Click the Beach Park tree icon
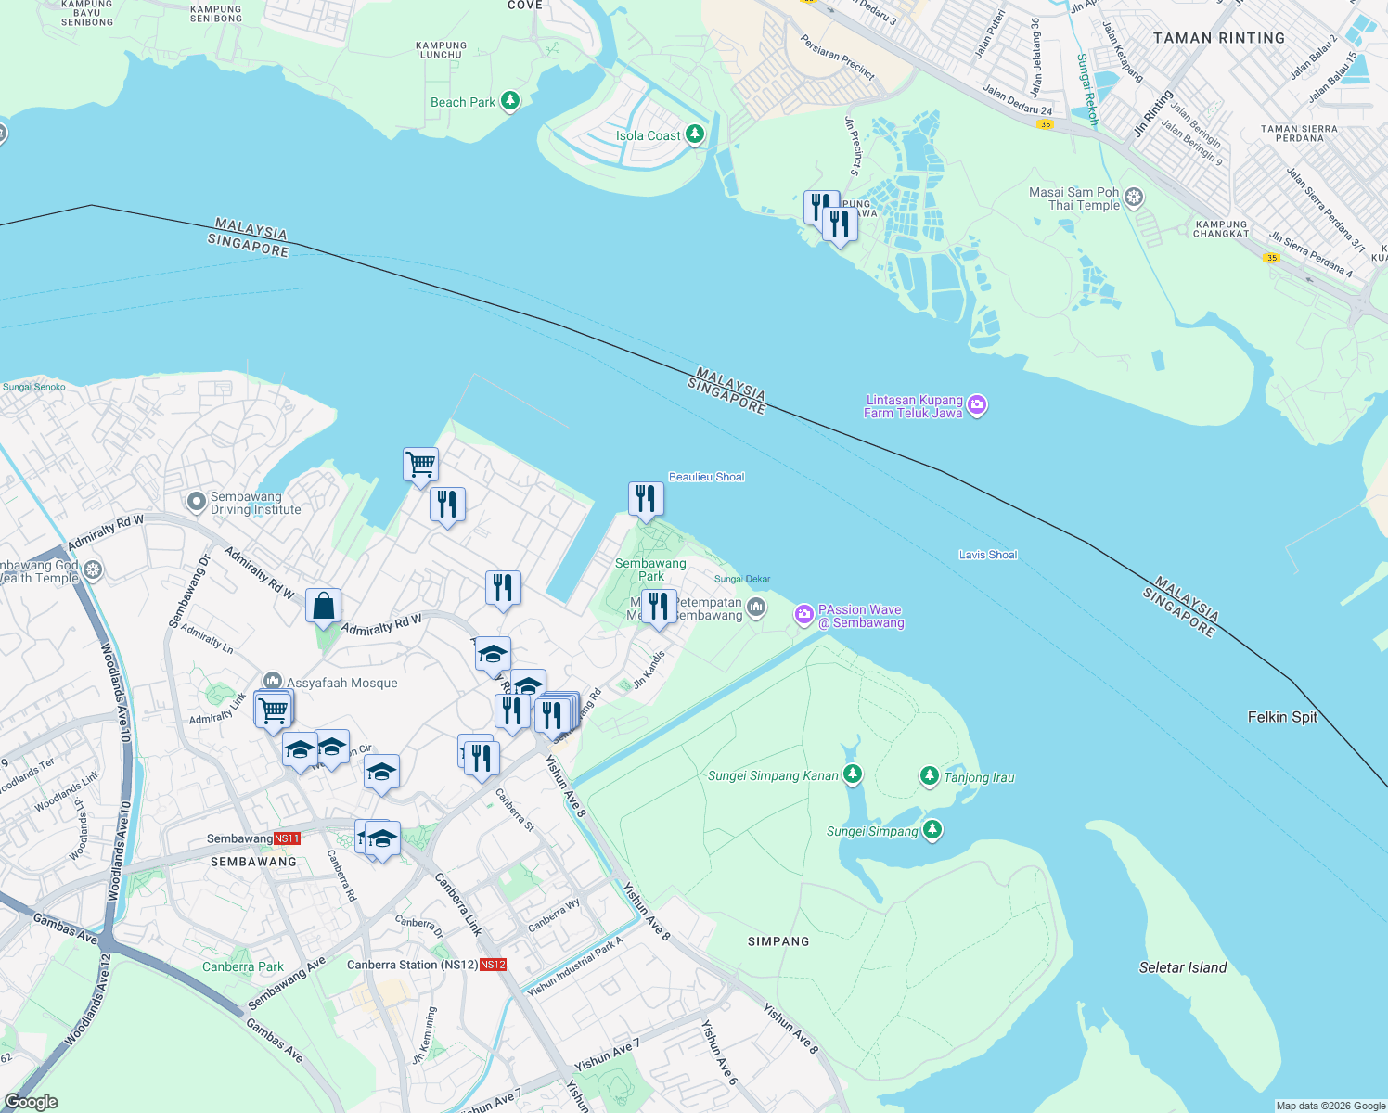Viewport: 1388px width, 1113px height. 509,101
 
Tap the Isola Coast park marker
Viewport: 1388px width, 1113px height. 694,134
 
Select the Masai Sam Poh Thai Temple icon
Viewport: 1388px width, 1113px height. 1133,198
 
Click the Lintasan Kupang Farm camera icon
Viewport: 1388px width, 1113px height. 976,405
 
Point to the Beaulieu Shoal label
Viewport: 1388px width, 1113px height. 706,477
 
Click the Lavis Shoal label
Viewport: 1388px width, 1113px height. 987,555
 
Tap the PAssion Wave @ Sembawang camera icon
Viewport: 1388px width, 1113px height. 803,614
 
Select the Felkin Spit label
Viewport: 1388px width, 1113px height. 1282,717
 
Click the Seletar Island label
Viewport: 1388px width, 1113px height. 1182,967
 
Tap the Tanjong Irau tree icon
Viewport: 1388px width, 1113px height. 929,776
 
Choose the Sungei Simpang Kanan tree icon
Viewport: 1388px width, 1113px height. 852,774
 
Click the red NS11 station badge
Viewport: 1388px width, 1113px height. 287,838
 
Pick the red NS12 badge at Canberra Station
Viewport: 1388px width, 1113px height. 494,965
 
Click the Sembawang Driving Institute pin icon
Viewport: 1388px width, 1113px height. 196,502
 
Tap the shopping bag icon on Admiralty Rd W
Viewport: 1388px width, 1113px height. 323,607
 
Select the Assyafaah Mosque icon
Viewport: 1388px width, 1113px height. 272,682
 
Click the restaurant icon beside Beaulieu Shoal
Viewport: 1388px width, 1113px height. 646,499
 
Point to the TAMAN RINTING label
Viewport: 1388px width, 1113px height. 1218,38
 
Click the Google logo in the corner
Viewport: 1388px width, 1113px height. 31,1101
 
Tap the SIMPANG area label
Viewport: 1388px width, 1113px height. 778,941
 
